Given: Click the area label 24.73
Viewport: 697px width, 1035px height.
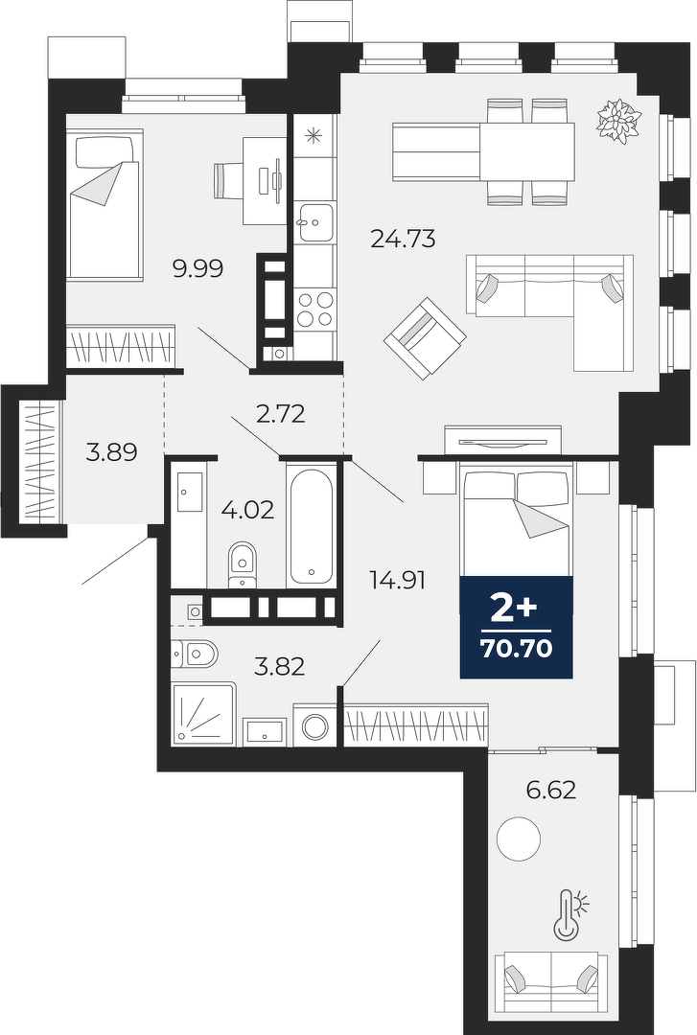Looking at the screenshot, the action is (403, 238).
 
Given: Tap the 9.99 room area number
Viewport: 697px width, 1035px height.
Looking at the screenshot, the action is (198, 268).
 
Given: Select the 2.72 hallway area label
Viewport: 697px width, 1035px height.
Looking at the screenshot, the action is (281, 414).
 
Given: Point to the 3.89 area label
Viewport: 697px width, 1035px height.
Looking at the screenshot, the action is (112, 452).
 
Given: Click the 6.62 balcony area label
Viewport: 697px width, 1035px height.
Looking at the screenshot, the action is (552, 790).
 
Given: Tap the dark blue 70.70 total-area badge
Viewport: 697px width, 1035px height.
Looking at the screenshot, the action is (517, 627).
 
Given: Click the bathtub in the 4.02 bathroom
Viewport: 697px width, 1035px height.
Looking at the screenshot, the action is (312, 526).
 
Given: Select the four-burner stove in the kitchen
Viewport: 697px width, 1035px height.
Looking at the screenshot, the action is (314, 310).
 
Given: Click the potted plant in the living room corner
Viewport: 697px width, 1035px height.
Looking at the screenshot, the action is (619, 120).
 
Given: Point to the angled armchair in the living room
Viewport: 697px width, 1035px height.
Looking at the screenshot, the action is (426, 338).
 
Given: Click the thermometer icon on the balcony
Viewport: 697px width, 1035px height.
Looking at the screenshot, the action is (568, 914).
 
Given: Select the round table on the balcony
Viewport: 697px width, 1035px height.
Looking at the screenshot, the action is (519, 839).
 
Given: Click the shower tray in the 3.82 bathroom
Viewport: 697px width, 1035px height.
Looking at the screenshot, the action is (203, 715).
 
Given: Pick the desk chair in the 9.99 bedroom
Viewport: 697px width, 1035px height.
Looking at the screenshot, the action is (229, 180).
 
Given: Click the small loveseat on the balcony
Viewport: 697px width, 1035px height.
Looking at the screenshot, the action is (552, 980).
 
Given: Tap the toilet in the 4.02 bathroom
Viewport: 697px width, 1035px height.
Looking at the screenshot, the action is (242, 565).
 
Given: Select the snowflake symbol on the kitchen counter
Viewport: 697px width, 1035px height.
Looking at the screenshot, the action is (312, 135).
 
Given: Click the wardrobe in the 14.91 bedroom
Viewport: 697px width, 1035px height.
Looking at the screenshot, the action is (417, 726).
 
